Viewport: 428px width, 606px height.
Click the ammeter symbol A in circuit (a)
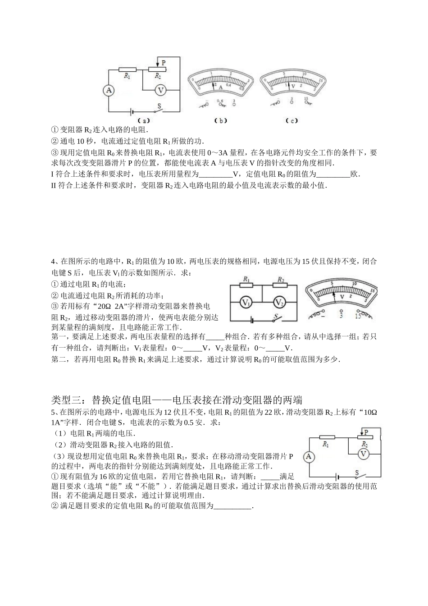109,91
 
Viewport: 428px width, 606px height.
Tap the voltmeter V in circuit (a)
160,90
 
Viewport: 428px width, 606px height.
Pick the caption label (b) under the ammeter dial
221,120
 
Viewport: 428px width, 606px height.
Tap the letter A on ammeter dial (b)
221,87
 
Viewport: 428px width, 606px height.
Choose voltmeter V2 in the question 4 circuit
279,302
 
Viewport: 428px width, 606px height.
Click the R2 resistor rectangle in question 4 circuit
280,285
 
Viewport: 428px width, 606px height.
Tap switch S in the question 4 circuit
276,317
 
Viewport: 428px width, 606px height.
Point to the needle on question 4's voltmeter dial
333,296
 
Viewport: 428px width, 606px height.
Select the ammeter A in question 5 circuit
309,457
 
